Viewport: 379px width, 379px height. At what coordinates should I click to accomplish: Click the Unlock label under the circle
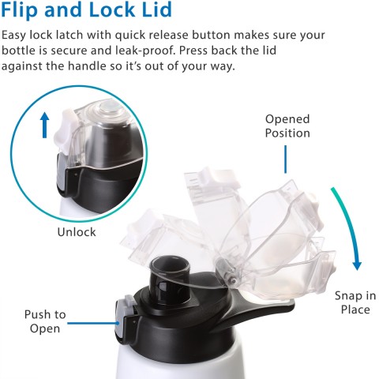77,232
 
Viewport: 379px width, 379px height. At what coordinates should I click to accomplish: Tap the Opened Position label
287,126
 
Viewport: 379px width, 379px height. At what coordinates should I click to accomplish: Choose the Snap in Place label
355,302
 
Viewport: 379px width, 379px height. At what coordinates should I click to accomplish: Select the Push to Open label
45,321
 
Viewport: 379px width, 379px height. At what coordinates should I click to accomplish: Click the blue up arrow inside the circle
45,125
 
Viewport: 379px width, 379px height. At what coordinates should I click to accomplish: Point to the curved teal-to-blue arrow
350,229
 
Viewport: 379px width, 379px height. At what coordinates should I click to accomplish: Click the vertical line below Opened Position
285,158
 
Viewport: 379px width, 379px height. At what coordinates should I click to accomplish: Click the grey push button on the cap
124,316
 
